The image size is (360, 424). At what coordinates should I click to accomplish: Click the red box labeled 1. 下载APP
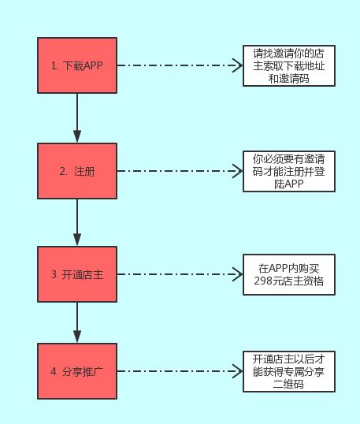[77, 65]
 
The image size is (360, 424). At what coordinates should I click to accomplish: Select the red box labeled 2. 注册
[77, 171]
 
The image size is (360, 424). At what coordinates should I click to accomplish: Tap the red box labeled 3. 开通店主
[77, 274]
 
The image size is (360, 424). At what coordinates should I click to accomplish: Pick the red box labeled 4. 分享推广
[77, 371]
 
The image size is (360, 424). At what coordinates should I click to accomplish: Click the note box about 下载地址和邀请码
[289, 65]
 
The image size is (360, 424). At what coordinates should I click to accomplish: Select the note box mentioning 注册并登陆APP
[289, 172]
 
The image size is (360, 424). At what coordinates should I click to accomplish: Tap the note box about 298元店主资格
[289, 274]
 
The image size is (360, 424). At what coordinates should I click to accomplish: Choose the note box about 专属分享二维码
[289, 371]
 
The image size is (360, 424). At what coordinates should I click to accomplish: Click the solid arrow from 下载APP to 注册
[77, 118]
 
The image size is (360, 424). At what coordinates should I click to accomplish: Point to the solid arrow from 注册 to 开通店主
[77, 222]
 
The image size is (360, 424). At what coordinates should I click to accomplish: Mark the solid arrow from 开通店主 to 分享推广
[77, 322]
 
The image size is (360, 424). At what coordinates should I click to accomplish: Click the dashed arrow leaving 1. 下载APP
[180, 65]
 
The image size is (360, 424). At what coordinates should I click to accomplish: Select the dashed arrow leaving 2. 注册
[180, 171]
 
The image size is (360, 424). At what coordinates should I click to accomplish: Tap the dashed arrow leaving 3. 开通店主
[180, 274]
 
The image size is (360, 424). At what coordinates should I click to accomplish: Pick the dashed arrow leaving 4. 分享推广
[180, 371]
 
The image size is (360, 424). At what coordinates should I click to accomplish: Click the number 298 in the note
[263, 281]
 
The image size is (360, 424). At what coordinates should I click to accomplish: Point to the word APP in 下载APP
[92, 65]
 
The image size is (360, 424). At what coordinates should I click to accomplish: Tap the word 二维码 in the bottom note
[288, 384]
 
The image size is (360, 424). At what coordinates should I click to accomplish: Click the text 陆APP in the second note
[289, 184]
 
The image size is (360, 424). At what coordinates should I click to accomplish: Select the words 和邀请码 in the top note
[288, 79]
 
